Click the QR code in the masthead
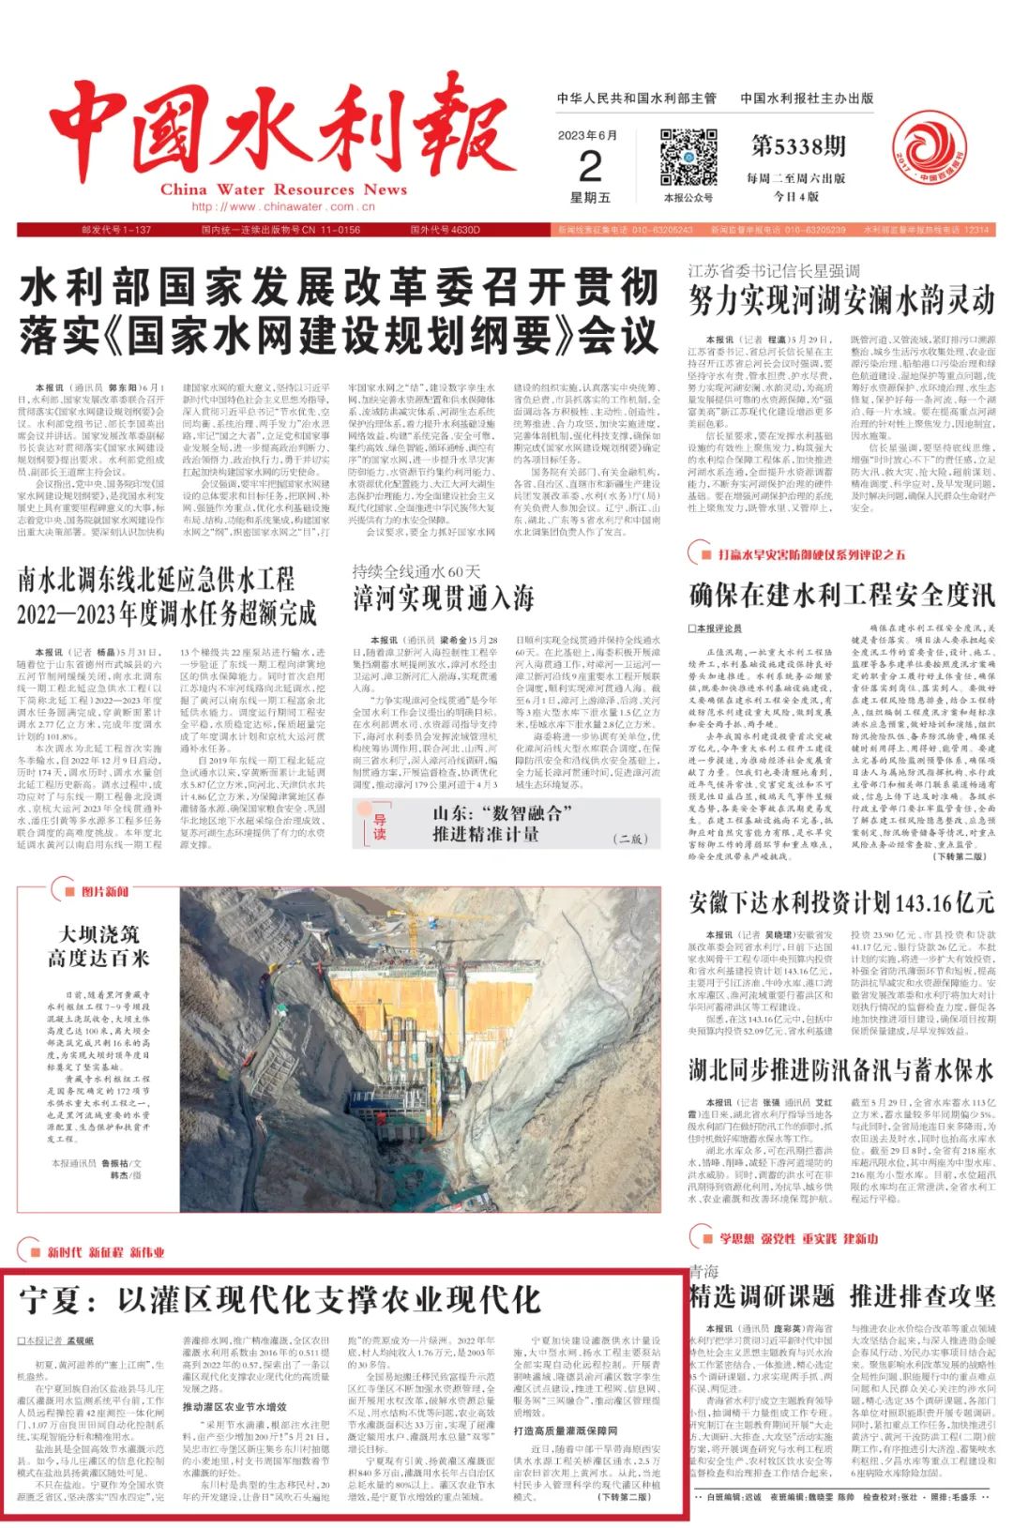click(x=688, y=158)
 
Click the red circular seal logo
click(x=929, y=149)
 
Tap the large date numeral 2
click(x=590, y=167)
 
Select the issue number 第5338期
click(x=798, y=146)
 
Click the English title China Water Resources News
click(x=283, y=189)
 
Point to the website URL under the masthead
click(x=273, y=207)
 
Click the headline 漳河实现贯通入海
click(x=444, y=598)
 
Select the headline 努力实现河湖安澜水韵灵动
click(x=841, y=301)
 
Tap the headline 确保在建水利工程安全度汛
click(x=841, y=595)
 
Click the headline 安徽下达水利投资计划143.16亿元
click(x=841, y=902)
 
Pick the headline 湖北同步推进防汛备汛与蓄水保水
click(x=841, y=1070)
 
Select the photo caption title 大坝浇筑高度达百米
click(x=98, y=946)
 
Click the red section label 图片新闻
click(x=104, y=892)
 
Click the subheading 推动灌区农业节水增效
click(x=234, y=1407)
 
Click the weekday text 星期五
click(x=590, y=198)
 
